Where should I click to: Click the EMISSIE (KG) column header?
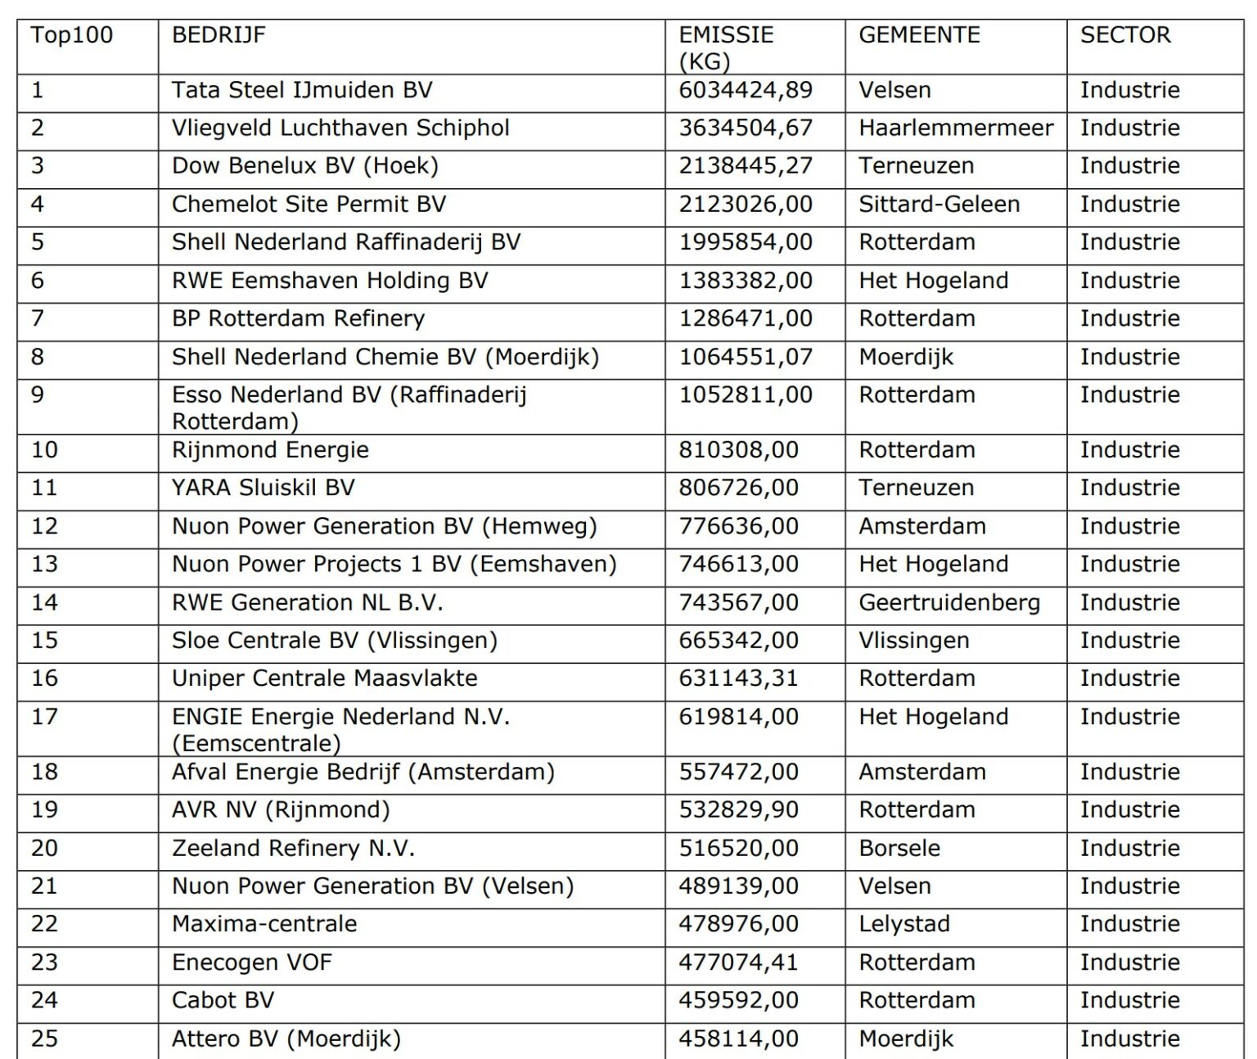726,47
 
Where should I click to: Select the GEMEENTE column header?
919,35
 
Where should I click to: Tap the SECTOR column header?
1125,35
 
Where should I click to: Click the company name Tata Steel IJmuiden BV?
302,90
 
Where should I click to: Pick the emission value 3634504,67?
746,128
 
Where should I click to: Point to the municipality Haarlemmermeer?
956,128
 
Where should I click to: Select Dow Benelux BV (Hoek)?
305,166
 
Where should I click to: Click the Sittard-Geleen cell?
939,205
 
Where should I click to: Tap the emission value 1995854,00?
746,242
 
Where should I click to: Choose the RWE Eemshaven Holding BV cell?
330,281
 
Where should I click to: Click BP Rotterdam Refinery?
299,318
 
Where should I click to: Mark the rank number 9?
38,395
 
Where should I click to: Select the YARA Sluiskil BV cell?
264,488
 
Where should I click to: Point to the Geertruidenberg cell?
949,603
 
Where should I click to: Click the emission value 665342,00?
738,641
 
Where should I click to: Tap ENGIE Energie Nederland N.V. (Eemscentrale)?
340,729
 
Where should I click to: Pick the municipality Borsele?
899,849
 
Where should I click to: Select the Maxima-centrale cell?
264,924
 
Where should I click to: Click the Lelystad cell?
904,924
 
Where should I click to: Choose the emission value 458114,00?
738,1039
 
